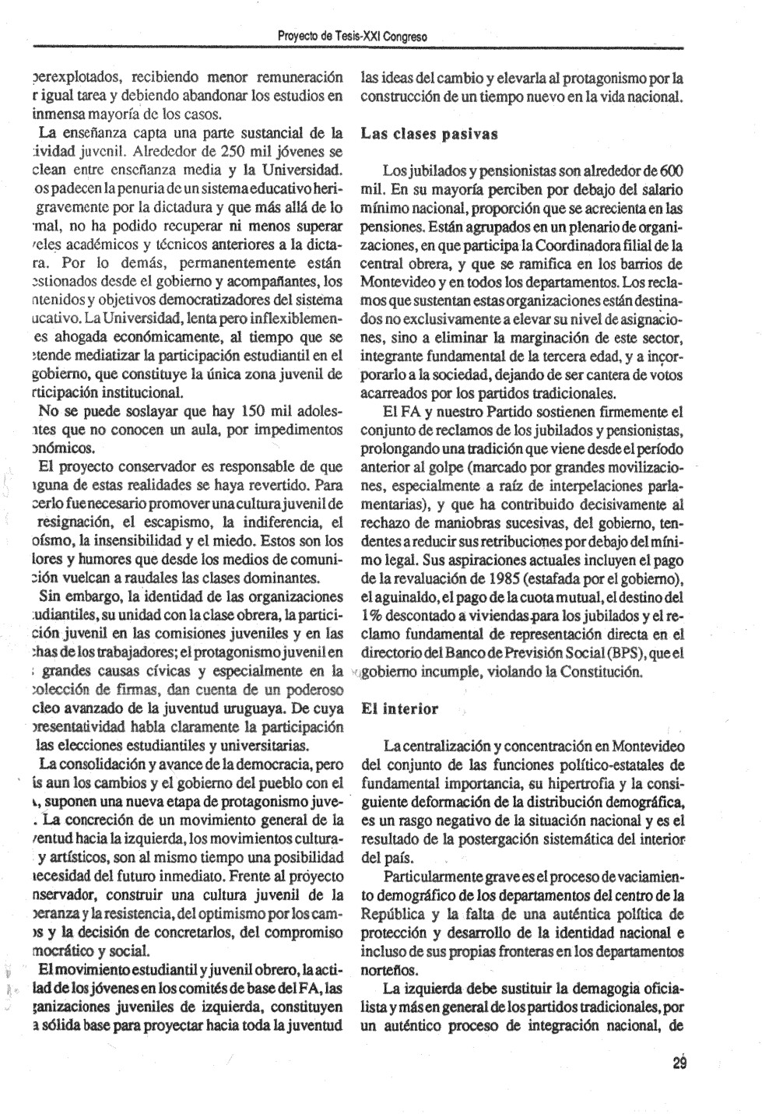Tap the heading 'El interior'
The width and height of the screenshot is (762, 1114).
pos(400,709)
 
